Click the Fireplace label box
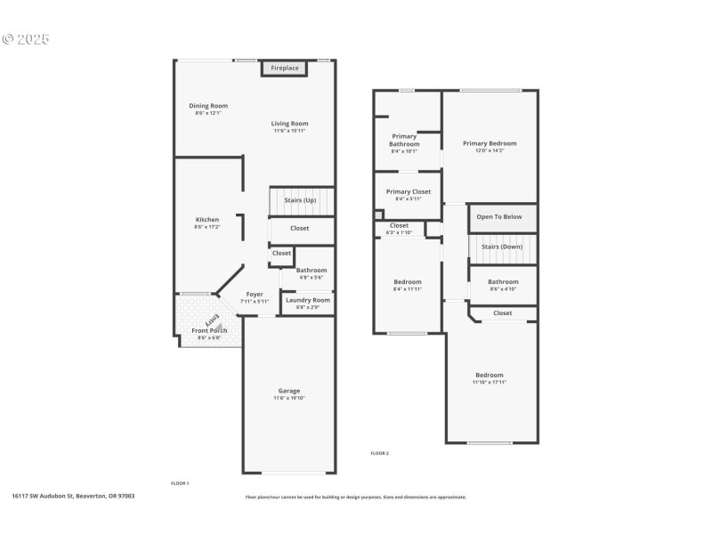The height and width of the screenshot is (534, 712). tap(285, 69)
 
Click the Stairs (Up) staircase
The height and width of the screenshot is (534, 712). tap(301, 200)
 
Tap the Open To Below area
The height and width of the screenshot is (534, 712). tap(499, 216)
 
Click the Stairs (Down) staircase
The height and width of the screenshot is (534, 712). tap(503, 247)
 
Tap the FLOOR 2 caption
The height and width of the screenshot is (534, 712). tap(380, 453)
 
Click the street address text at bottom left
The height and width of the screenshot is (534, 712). tap(73, 496)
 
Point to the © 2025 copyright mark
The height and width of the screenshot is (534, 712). tap(26, 39)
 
